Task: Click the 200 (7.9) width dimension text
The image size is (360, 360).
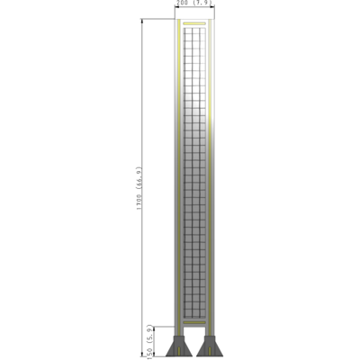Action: coord(194,4)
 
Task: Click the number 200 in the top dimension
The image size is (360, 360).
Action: coord(184,4)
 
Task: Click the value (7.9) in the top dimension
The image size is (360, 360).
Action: coord(202,4)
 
